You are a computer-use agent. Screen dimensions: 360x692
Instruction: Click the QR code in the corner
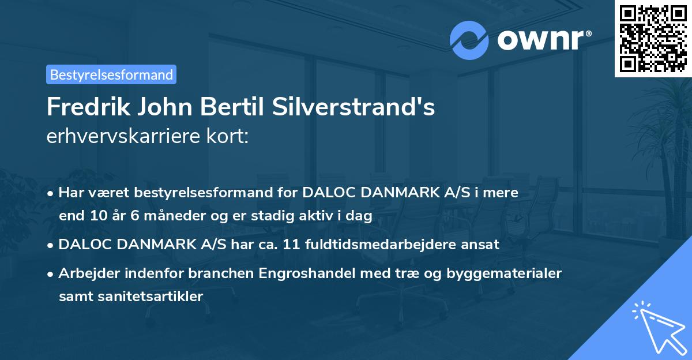coord(653,38)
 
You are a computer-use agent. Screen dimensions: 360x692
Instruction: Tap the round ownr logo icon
coord(469,40)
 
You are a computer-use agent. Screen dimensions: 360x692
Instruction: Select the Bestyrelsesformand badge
coord(111,74)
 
